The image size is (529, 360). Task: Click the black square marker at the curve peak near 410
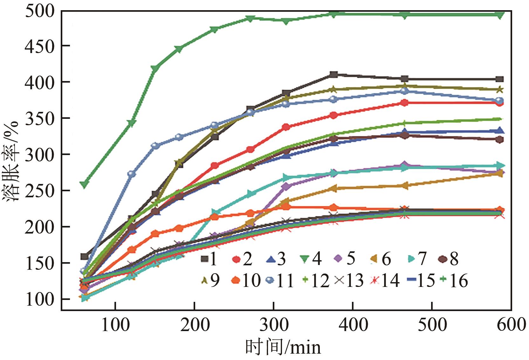(x=333, y=75)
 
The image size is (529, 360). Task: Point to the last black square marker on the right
(x=499, y=79)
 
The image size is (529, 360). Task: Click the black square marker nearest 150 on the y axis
(x=84, y=256)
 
